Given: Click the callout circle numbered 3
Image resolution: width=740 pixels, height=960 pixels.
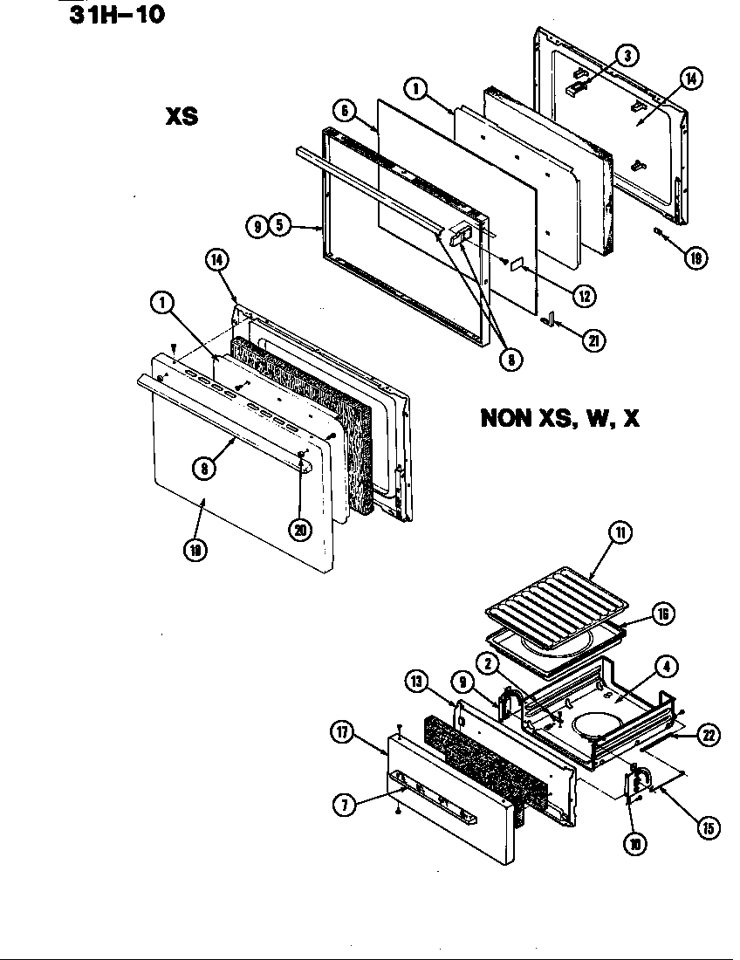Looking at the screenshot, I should (626, 56).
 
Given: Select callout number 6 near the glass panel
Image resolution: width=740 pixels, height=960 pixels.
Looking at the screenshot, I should (344, 111).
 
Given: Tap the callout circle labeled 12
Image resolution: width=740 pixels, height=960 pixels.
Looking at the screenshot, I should (584, 295).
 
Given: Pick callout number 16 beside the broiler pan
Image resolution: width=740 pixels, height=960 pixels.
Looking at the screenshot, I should (662, 614).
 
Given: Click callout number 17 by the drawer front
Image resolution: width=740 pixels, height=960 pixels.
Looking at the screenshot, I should (343, 734).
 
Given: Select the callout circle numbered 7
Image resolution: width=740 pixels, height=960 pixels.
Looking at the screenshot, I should (343, 806).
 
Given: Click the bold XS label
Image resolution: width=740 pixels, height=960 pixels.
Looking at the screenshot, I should (182, 116).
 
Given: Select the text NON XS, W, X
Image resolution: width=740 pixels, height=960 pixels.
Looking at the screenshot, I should (559, 419).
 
